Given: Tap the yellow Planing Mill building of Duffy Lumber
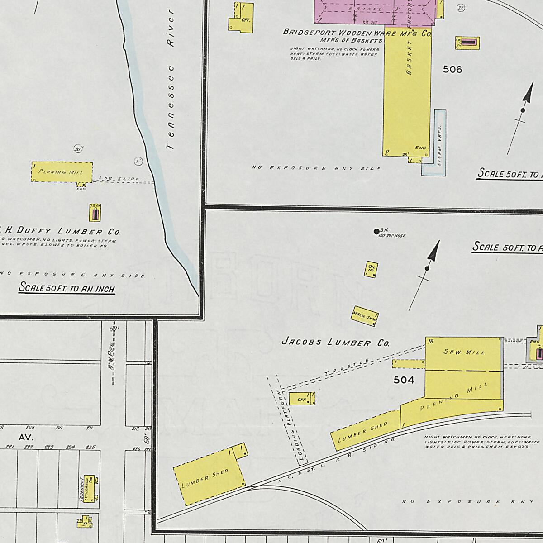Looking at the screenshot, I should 62,172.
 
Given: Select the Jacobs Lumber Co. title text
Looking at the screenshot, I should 335,342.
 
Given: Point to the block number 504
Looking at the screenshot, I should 404,380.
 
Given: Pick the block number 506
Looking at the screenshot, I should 452,69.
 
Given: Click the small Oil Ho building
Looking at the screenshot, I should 371,269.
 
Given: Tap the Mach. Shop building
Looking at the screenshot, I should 365,316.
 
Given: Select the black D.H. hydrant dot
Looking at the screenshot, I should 376,232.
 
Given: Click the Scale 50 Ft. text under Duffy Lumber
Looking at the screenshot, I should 67,288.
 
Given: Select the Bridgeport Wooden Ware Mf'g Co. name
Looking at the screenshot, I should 357,33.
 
